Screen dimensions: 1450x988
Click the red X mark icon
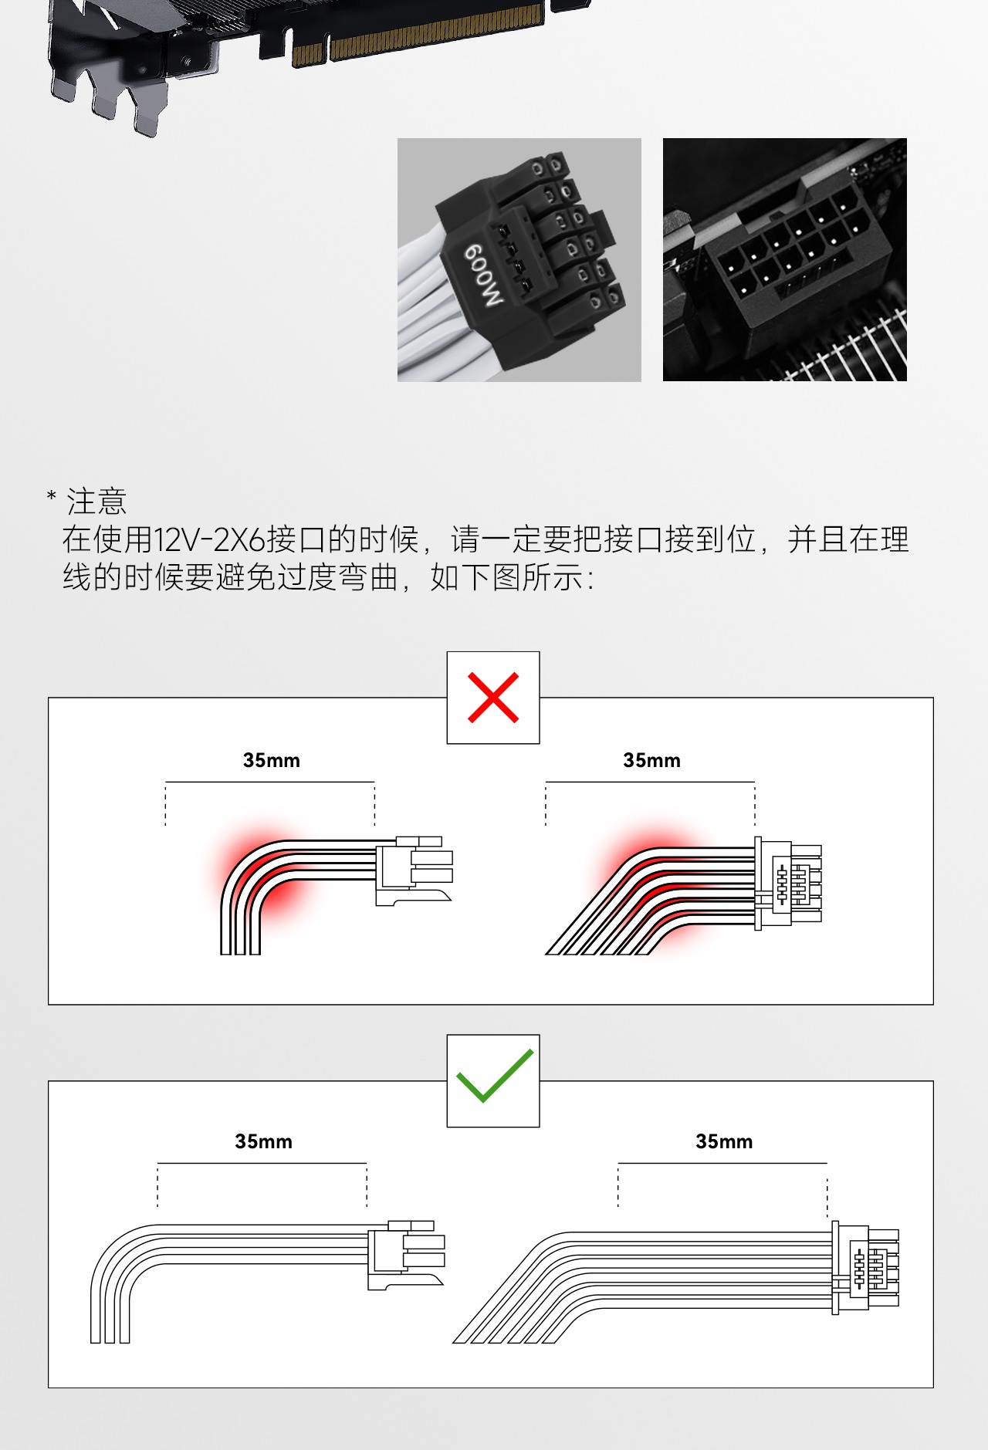pos(493,698)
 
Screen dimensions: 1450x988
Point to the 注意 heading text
pos(96,502)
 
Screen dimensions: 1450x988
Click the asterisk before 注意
pos(52,495)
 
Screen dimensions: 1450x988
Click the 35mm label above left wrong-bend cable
pos(271,760)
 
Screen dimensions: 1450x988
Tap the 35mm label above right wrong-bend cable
pos(651,760)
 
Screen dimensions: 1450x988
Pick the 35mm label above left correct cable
pos(263,1141)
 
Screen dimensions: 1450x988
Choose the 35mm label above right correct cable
pos(723,1141)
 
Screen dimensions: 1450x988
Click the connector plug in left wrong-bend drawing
pos(413,870)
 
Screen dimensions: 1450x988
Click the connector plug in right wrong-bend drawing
pos(787,884)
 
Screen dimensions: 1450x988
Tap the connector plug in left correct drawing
pos(405,1254)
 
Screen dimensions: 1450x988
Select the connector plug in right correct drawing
pos(864,1268)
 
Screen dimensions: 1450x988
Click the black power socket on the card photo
pos(787,247)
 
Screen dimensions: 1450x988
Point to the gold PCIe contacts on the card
pos(432,31)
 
